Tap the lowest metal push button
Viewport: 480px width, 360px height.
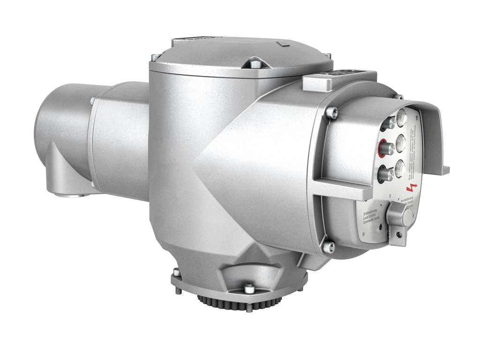[x=386, y=175]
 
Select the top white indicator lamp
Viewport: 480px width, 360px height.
[x=401, y=118]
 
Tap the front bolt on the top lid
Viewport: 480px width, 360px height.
[x=254, y=65]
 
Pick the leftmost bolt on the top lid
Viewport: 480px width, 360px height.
[x=155, y=58]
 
